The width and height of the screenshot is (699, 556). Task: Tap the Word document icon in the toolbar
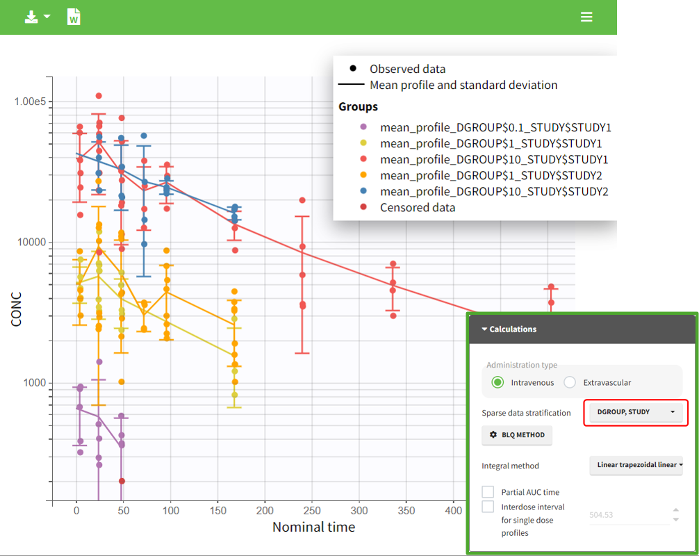click(x=74, y=17)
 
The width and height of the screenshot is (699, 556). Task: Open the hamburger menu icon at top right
click(x=587, y=17)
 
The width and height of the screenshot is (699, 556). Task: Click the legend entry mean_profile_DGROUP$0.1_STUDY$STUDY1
click(x=495, y=128)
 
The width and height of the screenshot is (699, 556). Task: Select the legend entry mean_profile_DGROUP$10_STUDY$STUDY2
click(x=494, y=192)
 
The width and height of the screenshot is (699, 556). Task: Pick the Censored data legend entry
click(x=417, y=208)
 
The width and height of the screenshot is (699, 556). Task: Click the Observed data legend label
click(x=407, y=69)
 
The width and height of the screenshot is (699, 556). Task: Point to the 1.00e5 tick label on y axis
click(x=30, y=101)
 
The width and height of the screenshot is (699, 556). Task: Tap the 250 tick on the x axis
click(x=312, y=511)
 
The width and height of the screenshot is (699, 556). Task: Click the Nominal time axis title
click(x=313, y=528)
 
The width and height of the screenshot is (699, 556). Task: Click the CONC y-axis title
click(x=16, y=309)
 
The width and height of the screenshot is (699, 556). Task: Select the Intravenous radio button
click(x=497, y=382)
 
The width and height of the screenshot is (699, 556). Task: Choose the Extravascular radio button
click(x=570, y=382)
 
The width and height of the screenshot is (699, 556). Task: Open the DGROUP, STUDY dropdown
click(x=632, y=412)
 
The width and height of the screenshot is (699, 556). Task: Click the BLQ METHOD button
click(x=517, y=436)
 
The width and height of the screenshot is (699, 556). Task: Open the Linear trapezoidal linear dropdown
click(x=636, y=465)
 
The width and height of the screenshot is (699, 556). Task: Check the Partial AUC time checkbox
click(x=488, y=492)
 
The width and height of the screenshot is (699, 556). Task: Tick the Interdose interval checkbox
click(x=488, y=507)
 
